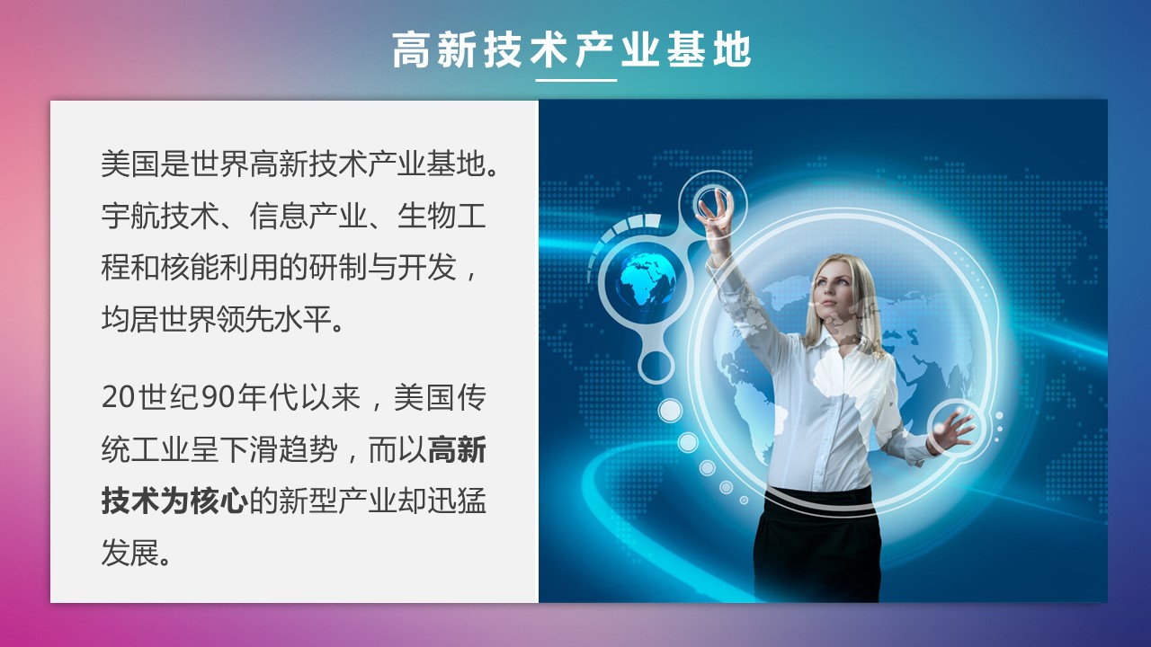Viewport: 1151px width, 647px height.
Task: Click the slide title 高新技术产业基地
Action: point(572,49)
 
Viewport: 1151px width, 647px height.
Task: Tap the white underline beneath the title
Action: point(576,80)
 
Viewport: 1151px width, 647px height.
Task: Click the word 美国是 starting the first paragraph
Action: point(145,164)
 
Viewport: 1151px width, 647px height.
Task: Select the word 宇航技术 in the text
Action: point(160,216)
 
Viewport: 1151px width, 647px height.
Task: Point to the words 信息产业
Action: point(308,216)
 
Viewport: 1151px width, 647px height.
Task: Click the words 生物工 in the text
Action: point(442,216)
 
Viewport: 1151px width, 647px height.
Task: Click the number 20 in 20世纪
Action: point(118,397)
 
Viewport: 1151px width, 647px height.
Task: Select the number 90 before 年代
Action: point(219,397)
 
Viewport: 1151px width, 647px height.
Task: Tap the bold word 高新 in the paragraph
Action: point(456,450)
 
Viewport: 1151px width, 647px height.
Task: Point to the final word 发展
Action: point(130,553)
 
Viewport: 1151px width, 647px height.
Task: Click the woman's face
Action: point(830,289)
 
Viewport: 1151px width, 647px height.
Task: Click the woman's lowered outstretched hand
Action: point(952,430)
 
